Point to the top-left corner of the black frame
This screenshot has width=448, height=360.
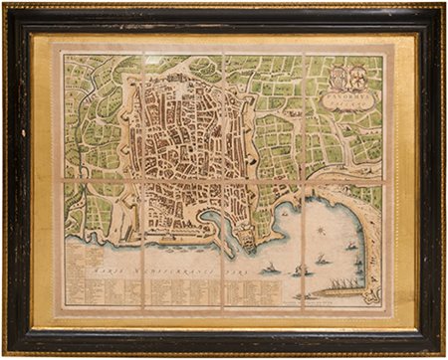click(x=10, y=10)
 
